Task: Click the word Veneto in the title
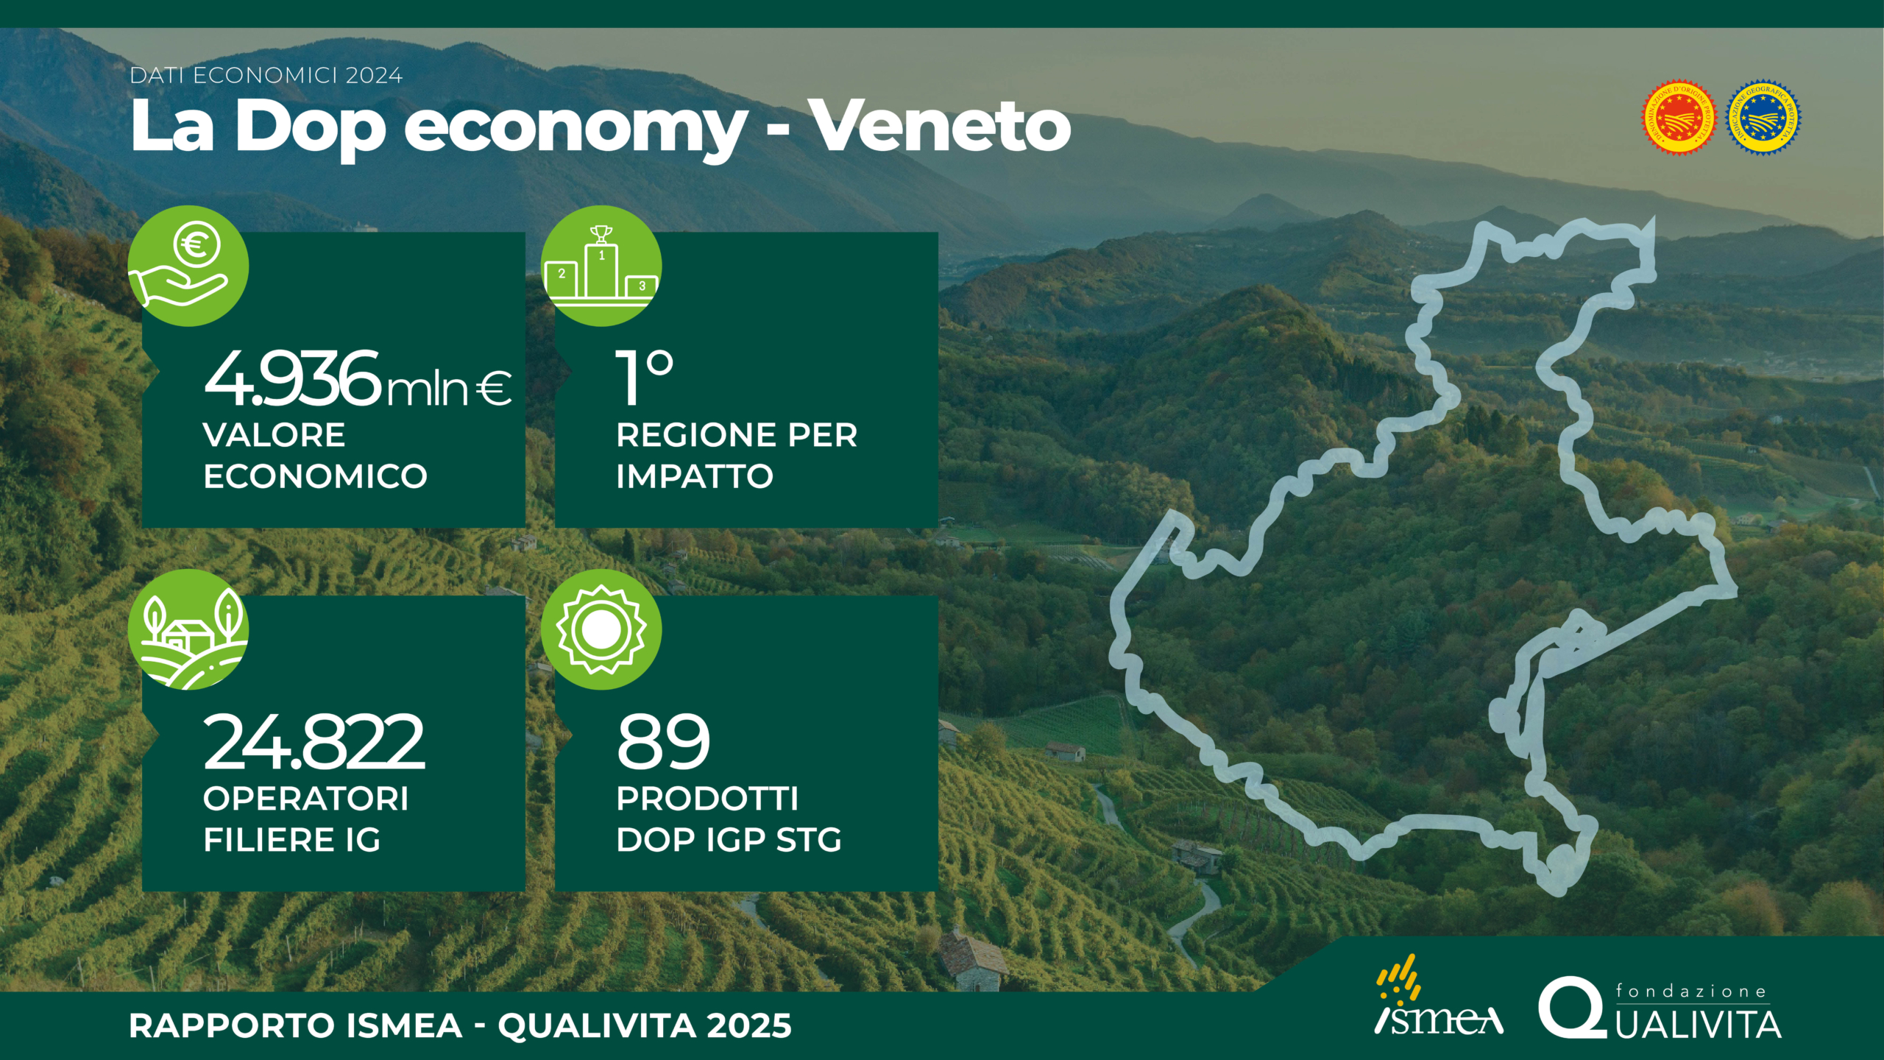[x=942, y=127]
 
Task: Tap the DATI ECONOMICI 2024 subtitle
[x=266, y=76]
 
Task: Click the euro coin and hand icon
[x=188, y=266]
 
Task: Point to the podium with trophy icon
[x=601, y=266]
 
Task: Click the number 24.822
[x=314, y=741]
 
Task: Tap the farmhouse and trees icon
[x=188, y=629]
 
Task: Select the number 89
[x=664, y=741]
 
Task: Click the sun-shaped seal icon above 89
[x=601, y=629]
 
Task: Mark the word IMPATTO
[x=695, y=476]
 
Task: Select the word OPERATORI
[x=305, y=799]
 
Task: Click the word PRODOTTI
[x=707, y=799]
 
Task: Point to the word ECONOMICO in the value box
[x=315, y=476]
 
